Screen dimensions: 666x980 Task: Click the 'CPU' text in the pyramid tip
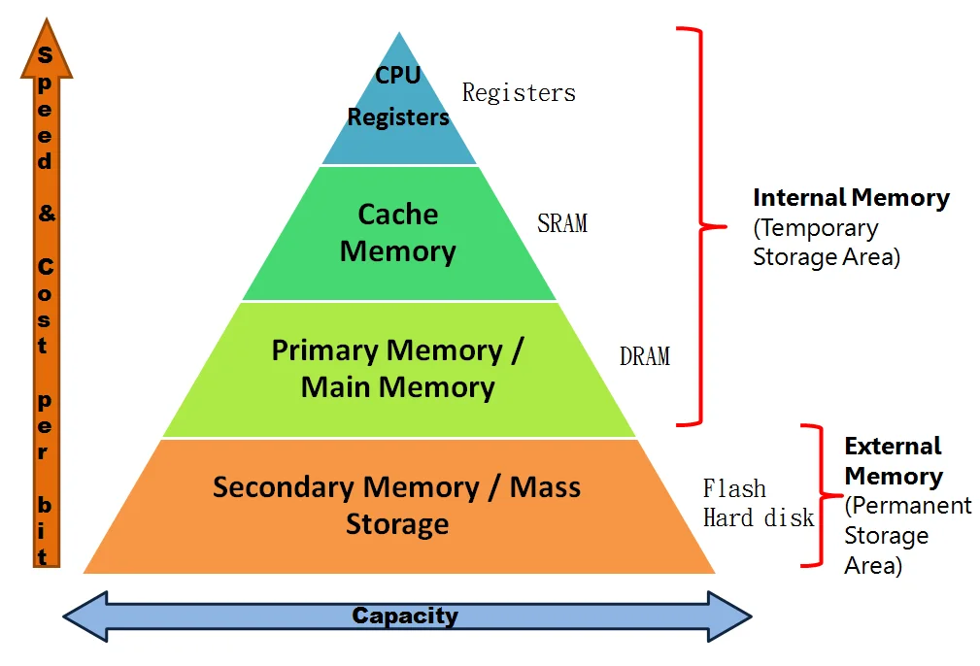coord(398,75)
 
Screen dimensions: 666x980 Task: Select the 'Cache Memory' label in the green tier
coord(398,233)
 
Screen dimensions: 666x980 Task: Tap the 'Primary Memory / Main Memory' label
coord(398,369)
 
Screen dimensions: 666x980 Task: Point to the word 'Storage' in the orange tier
coord(397,524)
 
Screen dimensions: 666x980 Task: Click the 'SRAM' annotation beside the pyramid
coord(562,223)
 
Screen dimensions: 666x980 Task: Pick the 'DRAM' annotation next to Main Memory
coord(645,356)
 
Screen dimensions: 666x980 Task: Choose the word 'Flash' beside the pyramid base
coord(734,488)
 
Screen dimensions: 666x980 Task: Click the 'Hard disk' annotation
coord(759,517)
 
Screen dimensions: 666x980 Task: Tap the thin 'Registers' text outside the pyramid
coord(519,93)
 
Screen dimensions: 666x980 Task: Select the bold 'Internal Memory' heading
coord(851,198)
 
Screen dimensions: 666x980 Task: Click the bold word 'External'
coord(893,447)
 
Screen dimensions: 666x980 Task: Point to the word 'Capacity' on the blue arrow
coord(405,616)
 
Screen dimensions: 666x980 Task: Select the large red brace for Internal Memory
coord(700,227)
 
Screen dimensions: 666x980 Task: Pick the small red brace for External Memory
coord(814,495)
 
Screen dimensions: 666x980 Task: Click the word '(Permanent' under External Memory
coord(908,506)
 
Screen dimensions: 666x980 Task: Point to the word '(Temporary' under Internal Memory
coord(816,228)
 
